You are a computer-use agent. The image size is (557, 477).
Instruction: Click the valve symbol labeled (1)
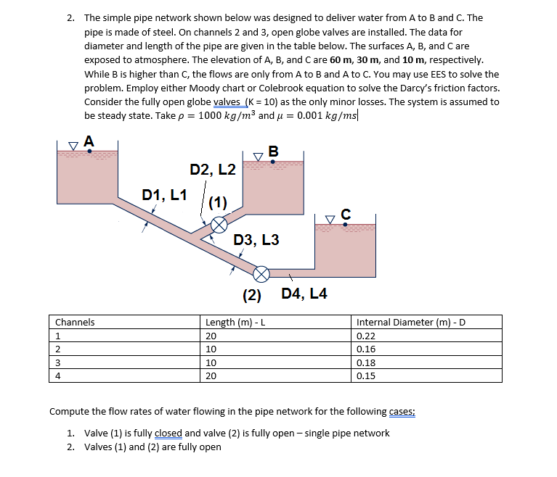(x=218, y=225)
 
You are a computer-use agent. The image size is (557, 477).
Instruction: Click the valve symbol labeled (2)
(x=261, y=273)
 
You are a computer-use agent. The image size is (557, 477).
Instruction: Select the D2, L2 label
(x=212, y=170)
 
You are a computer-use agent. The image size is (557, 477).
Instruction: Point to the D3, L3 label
(x=256, y=240)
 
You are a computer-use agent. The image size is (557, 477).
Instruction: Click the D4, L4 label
(x=304, y=294)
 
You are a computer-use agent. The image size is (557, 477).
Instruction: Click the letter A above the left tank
(x=89, y=141)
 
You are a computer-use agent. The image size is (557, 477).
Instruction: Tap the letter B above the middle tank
(x=272, y=152)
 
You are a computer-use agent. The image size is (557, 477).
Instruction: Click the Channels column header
(x=75, y=322)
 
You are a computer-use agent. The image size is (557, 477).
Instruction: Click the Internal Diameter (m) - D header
(x=410, y=322)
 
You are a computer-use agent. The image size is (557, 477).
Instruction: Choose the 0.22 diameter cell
(x=367, y=336)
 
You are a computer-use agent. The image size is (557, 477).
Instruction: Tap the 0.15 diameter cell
(x=367, y=376)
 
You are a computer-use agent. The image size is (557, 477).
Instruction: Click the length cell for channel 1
(x=211, y=336)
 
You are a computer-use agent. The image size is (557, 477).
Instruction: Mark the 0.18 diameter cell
(x=367, y=362)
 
